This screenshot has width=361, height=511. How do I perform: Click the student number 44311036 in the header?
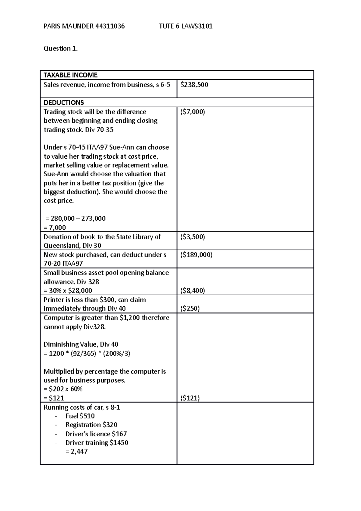pyautogui.click(x=110, y=26)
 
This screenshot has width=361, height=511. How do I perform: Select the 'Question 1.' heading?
pyautogui.click(x=61, y=48)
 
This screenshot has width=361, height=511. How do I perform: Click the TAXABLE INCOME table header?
pyautogui.click(x=70, y=75)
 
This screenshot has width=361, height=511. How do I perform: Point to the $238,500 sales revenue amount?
pyautogui.click(x=194, y=85)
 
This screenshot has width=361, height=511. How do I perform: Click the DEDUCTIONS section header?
pyautogui.click(x=64, y=103)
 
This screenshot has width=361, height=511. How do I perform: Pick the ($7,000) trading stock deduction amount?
pyautogui.click(x=193, y=112)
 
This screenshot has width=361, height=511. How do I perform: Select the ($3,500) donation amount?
pyautogui.click(x=193, y=237)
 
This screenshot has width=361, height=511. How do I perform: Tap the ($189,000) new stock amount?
pyautogui.click(x=196, y=255)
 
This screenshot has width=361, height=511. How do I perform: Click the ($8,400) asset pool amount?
pyautogui.click(x=193, y=291)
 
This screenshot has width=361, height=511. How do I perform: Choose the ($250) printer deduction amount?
pyautogui.click(x=190, y=308)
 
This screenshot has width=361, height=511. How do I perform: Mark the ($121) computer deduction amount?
pyautogui.click(x=190, y=398)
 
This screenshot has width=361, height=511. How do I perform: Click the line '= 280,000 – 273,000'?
pyautogui.click(x=75, y=218)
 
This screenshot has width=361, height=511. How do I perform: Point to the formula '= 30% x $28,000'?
pyautogui.click(x=68, y=291)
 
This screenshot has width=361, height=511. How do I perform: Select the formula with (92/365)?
pyautogui.click(x=87, y=354)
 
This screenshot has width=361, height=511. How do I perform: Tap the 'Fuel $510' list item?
pyautogui.click(x=80, y=416)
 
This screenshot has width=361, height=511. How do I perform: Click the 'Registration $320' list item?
pyautogui.click(x=91, y=425)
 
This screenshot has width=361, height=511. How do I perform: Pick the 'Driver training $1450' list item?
pyautogui.click(x=97, y=443)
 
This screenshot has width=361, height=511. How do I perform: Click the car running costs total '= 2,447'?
pyautogui.click(x=76, y=451)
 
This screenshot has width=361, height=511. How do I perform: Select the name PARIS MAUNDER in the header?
pyautogui.click(x=69, y=26)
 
